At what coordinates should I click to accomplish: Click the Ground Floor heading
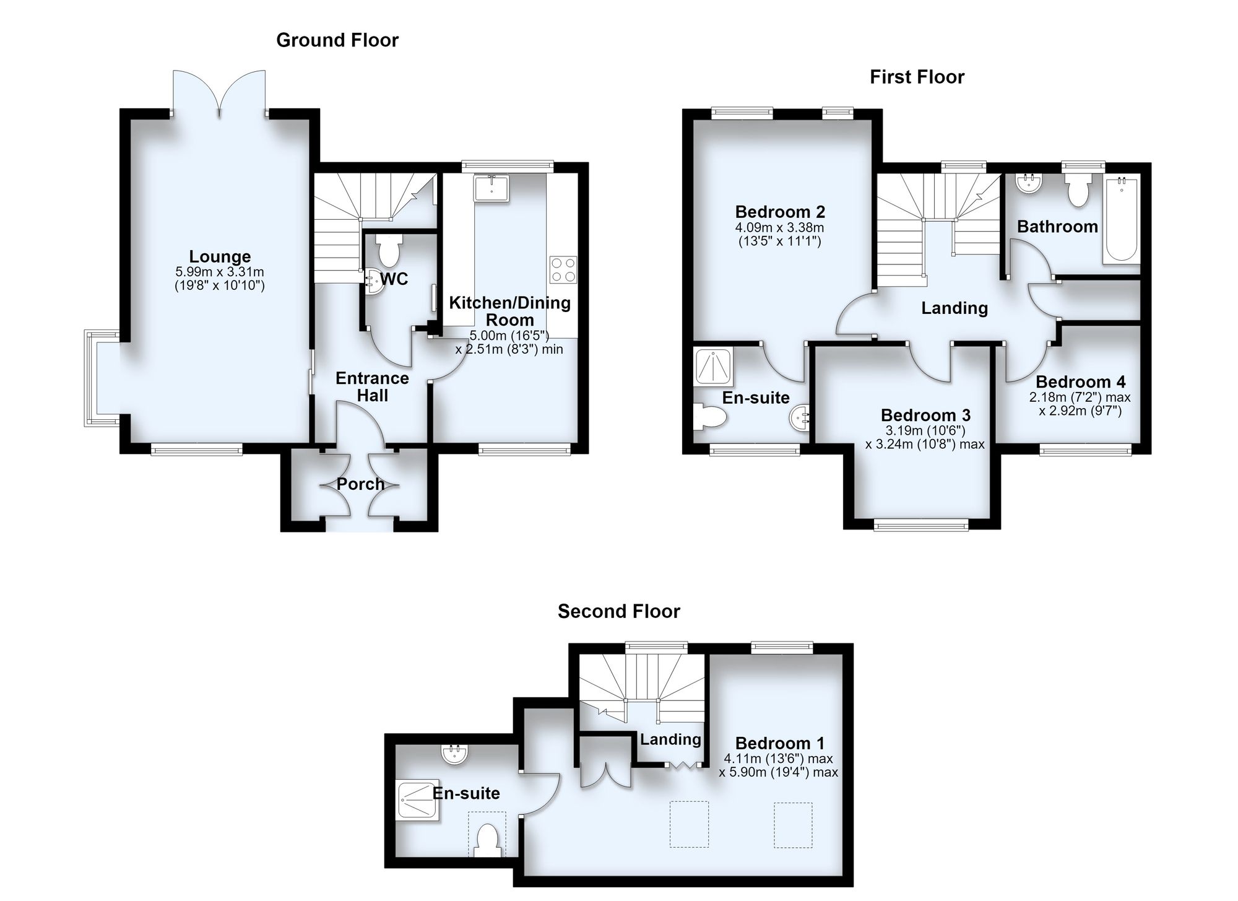pyautogui.click(x=337, y=40)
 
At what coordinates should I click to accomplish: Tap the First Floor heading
pyautogui.click(x=917, y=77)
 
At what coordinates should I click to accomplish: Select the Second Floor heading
pyautogui.click(x=618, y=611)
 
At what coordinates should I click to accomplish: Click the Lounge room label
pyautogui.click(x=220, y=256)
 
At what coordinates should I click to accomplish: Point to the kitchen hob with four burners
pyautogui.click(x=563, y=269)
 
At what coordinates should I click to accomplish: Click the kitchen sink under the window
pyautogui.click(x=491, y=188)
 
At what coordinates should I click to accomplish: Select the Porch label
pyautogui.click(x=360, y=484)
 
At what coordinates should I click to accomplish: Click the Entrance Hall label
pyautogui.click(x=372, y=386)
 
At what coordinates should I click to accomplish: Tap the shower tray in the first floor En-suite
pyautogui.click(x=715, y=367)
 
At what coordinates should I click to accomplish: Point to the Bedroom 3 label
pyautogui.click(x=925, y=414)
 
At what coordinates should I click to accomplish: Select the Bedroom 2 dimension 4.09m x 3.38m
pyautogui.click(x=780, y=227)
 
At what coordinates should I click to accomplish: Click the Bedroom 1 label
pyautogui.click(x=780, y=743)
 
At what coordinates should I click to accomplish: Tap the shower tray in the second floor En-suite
pyautogui.click(x=418, y=799)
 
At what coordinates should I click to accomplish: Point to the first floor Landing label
pyautogui.click(x=954, y=308)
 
